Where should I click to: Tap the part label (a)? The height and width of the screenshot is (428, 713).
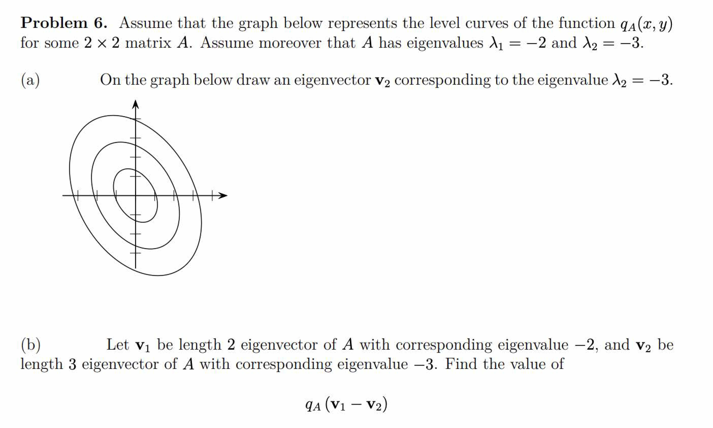point(30,80)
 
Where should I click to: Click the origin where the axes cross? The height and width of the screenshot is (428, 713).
point(135,196)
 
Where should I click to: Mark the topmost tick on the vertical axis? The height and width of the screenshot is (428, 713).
point(135,119)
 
